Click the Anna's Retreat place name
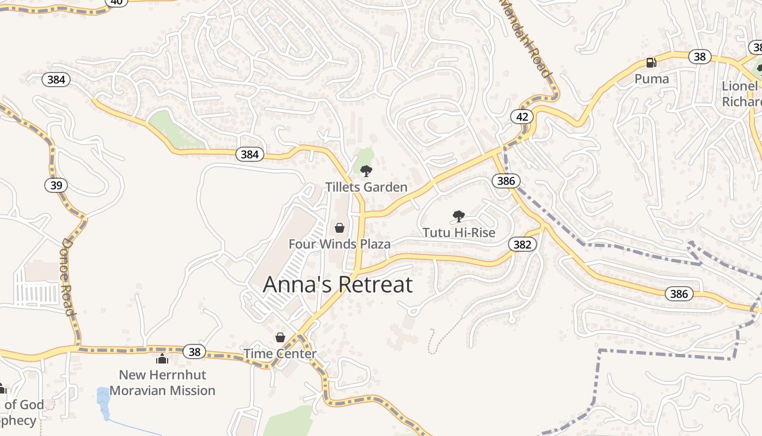(x=337, y=284)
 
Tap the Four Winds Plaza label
(x=339, y=244)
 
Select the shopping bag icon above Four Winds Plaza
(x=340, y=228)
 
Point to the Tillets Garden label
(x=366, y=187)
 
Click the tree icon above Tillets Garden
(x=366, y=171)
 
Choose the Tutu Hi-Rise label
(x=459, y=233)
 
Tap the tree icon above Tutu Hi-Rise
(x=459, y=216)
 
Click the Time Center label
(x=280, y=354)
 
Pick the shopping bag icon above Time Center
(x=280, y=338)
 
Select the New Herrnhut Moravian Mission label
(x=162, y=383)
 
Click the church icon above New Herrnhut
(x=162, y=359)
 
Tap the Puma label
(x=652, y=79)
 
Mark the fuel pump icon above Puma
(x=651, y=63)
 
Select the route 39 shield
(x=56, y=185)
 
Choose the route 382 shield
(x=522, y=244)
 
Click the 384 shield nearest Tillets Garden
(x=250, y=154)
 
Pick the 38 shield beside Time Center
(x=195, y=352)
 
